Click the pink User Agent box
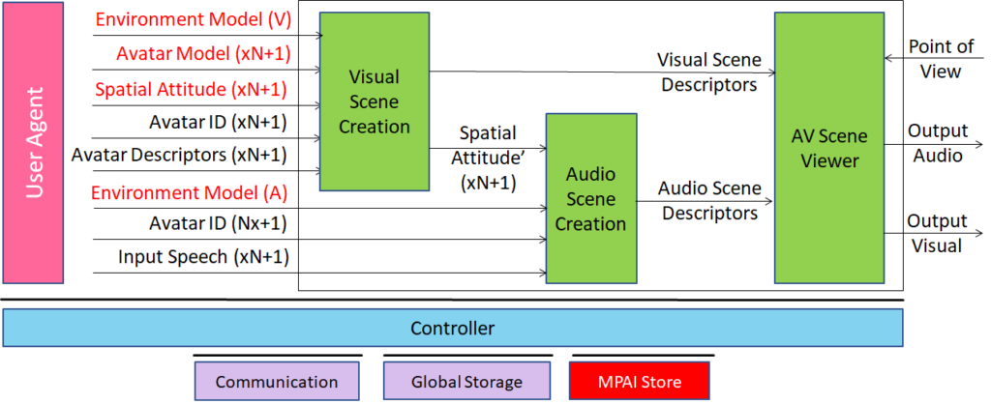(x=34, y=142)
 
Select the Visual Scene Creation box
(x=375, y=101)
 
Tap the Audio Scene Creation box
(x=590, y=198)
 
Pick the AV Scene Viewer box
(x=829, y=148)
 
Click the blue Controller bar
(x=453, y=329)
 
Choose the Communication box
(x=277, y=381)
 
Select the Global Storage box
(x=466, y=381)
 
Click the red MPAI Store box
(x=640, y=381)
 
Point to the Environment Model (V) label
(x=193, y=19)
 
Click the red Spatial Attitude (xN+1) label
(x=191, y=89)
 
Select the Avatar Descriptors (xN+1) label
(x=179, y=154)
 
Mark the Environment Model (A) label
(x=189, y=192)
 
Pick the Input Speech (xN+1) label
(x=203, y=257)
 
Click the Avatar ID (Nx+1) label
(x=218, y=223)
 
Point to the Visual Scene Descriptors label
(x=709, y=72)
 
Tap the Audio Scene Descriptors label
(x=709, y=201)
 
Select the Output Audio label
(x=938, y=143)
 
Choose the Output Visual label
(x=938, y=233)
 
